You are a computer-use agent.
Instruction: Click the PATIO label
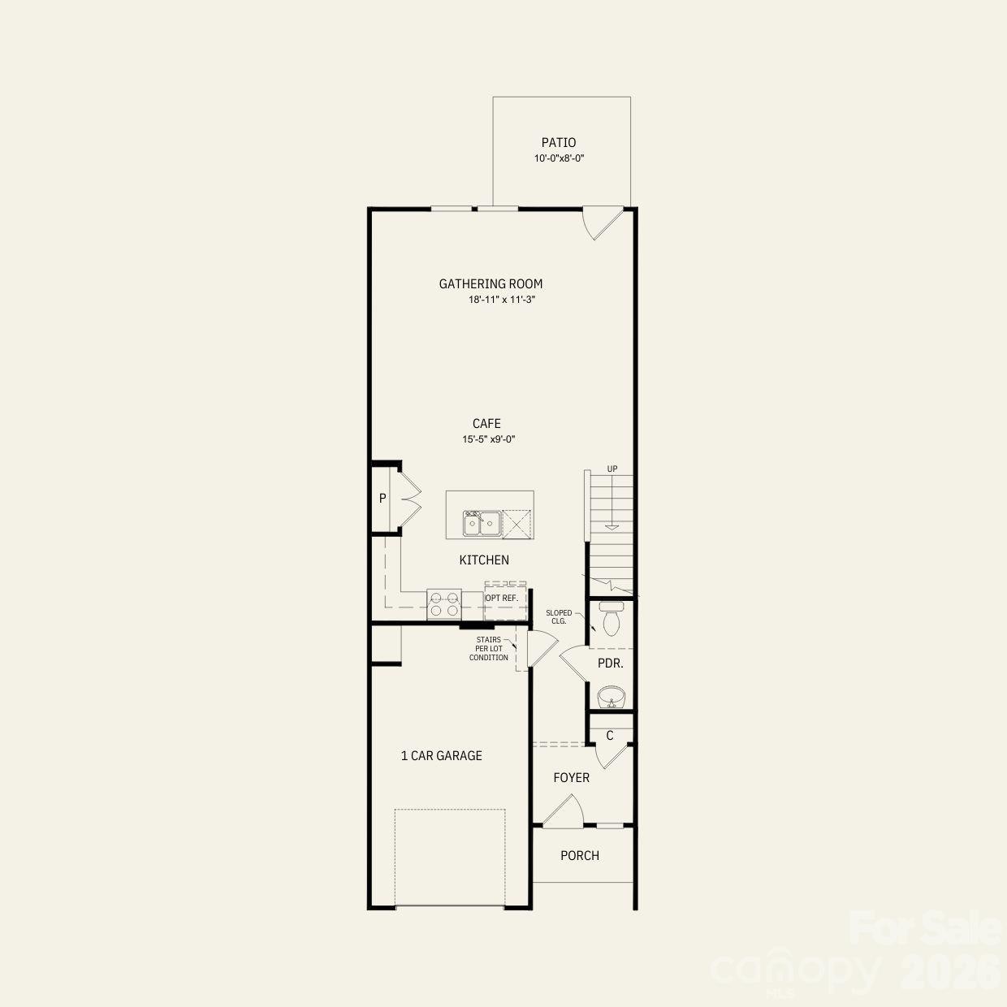click(x=559, y=143)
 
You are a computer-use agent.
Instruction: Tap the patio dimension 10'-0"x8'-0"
click(x=559, y=159)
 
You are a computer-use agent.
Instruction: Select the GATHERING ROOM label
click(x=491, y=284)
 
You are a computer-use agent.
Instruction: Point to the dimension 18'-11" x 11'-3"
click(x=502, y=300)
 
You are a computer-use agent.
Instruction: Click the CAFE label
click(x=486, y=424)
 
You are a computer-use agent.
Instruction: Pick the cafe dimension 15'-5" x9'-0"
click(x=489, y=439)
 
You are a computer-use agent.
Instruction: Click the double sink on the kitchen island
click(x=482, y=524)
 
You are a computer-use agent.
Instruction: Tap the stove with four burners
click(x=444, y=605)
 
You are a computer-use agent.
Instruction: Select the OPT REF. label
click(x=501, y=598)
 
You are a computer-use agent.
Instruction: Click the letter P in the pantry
click(x=382, y=499)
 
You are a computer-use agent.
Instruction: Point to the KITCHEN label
click(x=484, y=560)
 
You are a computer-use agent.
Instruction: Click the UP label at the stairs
click(x=612, y=469)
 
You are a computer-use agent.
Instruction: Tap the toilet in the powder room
click(x=611, y=621)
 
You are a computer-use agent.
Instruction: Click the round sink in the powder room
click(x=611, y=697)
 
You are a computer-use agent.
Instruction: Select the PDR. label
click(x=611, y=663)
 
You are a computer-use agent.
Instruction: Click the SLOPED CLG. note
click(x=559, y=617)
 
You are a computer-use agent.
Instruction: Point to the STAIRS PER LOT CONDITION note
click(x=489, y=649)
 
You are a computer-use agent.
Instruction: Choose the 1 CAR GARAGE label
click(x=441, y=756)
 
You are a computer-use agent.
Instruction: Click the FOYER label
click(x=572, y=778)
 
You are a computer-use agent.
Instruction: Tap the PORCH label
click(x=580, y=856)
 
